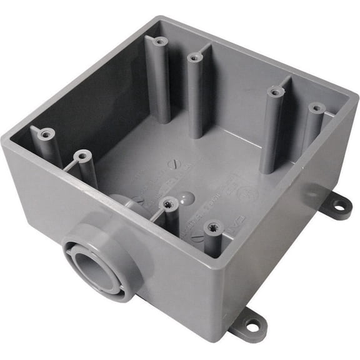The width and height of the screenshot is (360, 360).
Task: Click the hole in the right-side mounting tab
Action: (338, 204)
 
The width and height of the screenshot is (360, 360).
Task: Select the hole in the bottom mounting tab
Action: (251, 325)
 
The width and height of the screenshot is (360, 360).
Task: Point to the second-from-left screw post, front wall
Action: (81, 154)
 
